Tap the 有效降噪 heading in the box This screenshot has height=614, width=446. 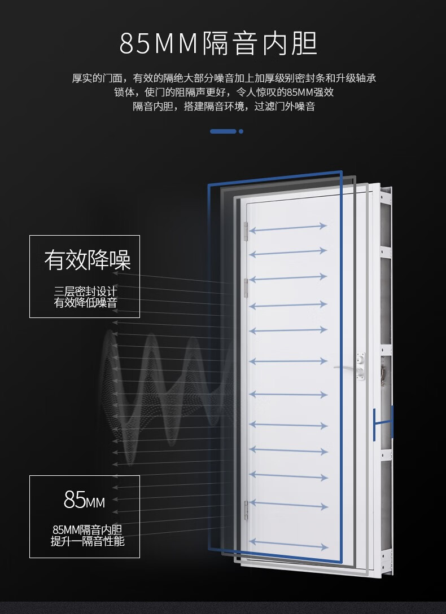(x=88, y=260)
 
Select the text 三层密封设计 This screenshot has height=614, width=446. (x=85, y=291)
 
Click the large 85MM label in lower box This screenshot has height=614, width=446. (x=84, y=500)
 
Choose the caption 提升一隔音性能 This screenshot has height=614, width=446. (x=88, y=541)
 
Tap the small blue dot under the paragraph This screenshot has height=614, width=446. (x=241, y=131)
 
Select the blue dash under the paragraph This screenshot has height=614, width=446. (x=223, y=131)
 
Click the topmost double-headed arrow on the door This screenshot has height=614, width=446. (x=288, y=228)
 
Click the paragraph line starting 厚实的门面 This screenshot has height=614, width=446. (x=224, y=78)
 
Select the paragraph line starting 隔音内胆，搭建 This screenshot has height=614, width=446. (x=224, y=107)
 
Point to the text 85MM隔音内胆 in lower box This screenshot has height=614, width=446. (x=88, y=529)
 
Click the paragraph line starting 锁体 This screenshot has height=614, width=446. (x=224, y=92)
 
